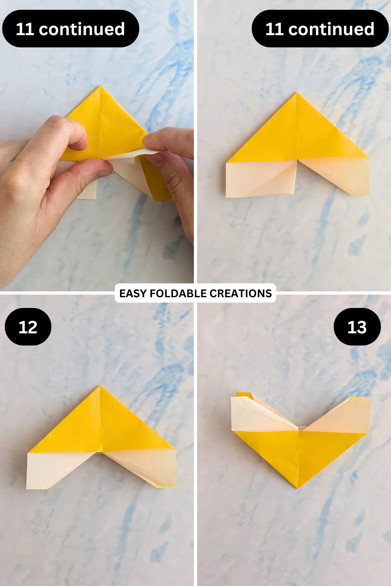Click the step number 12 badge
coord(28,327)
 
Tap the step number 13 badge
coord(357,327)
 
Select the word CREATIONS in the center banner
coord(240,293)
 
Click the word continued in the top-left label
coord(82,29)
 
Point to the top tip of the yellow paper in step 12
coord(100,386)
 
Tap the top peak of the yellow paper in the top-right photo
coord(297,94)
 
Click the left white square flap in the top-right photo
coord(261,179)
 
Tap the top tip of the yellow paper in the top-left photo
coord(101,86)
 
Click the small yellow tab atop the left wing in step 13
coord(244,395)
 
